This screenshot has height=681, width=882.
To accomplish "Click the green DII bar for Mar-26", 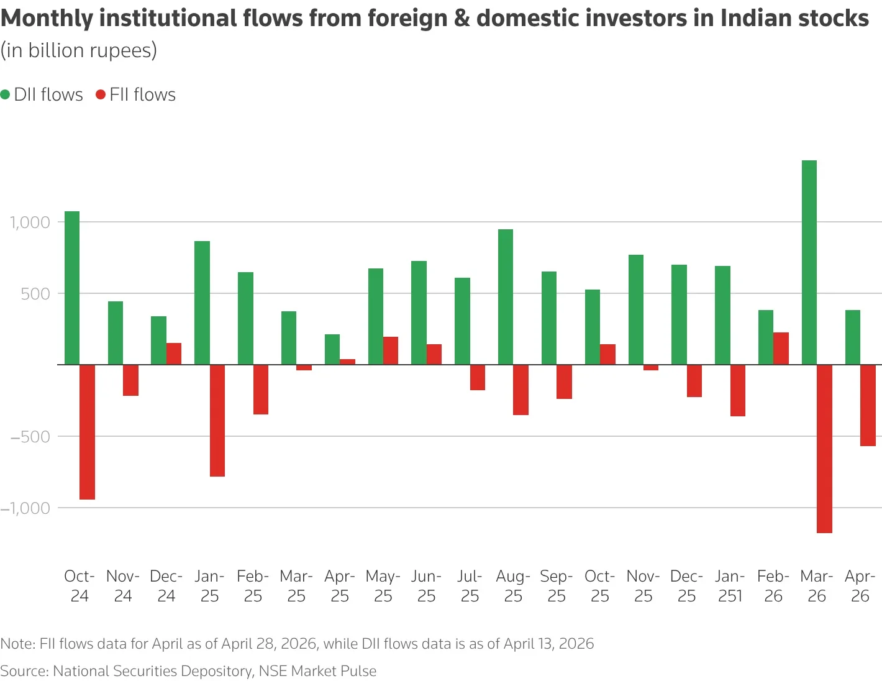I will pos(809,262).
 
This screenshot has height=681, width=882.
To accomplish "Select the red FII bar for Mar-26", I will pos(824,449).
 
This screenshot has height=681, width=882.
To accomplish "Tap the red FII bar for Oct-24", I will pos(87,432).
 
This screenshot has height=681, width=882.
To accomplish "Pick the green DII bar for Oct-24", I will pos(72,288).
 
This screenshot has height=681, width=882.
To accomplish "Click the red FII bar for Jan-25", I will pos(217,421).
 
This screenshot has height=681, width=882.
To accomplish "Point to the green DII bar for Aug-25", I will pos(506,297).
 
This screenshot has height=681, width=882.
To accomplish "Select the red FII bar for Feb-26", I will pos(781,349).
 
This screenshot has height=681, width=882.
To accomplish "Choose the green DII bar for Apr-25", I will pos(332,349).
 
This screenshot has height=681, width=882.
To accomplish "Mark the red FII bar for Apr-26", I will pos(868,405).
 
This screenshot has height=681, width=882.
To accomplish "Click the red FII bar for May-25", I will pos(391,350).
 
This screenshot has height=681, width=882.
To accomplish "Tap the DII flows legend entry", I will pos(42,94).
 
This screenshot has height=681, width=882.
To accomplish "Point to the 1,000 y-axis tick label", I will pos(29,222).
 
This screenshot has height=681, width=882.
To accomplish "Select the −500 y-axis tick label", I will pos(29,436).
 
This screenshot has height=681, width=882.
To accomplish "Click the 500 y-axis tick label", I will pos(35,293).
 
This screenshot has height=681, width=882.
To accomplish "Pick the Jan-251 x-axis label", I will pos(730,586).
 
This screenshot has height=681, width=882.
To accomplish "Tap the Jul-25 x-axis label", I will pos(470,586).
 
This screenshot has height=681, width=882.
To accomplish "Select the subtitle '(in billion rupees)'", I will pos(78,50).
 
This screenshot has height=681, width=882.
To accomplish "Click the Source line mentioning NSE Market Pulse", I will pos(188,671).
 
